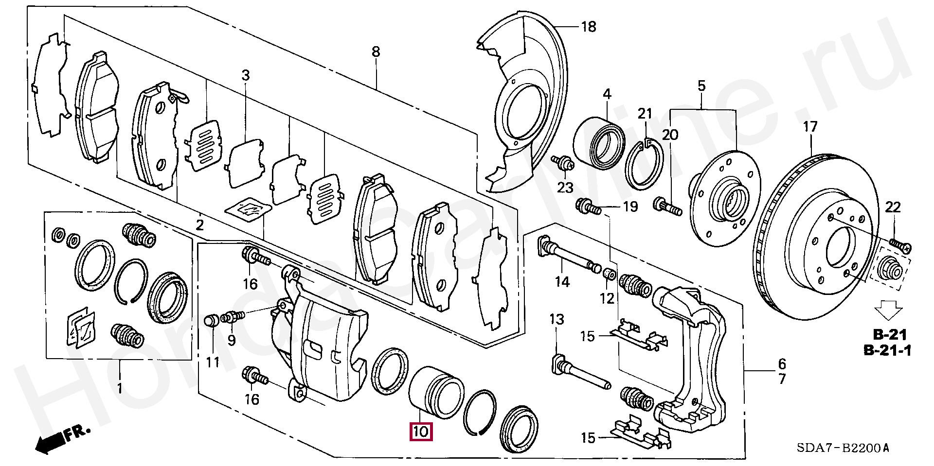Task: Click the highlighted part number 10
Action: [421, 431]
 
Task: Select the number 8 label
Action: [376, 52]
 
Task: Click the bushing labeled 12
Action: [608, 275]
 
